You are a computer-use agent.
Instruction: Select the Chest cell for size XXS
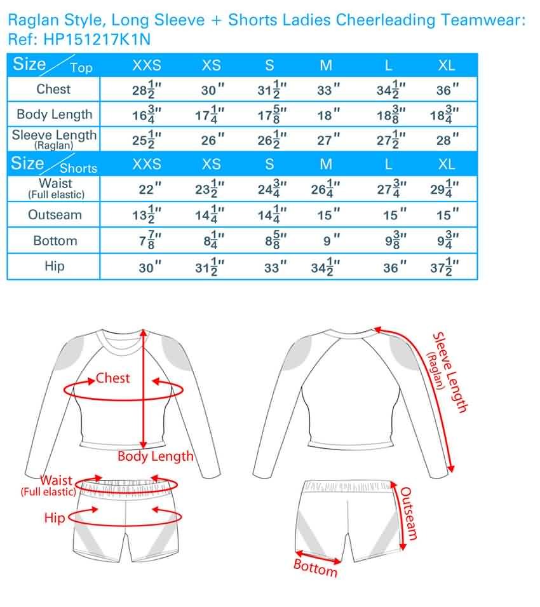coord(147,90)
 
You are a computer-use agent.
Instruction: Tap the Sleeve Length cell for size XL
coord(447,140)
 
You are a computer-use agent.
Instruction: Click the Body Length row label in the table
coord(54,114)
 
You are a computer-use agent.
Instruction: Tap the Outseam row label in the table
coord(55,215)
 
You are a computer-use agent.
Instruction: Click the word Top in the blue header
coord(81,68)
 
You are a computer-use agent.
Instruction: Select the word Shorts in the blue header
coord(79,168)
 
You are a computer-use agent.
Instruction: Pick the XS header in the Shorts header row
coord(211,165)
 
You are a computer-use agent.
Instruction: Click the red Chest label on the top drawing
coord(112,378)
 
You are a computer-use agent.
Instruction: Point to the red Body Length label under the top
coord(155,456)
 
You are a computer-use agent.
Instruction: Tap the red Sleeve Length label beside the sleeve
coord(450,372)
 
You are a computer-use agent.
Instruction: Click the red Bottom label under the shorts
coord(315,568)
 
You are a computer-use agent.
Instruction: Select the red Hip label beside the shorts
coord(54,518)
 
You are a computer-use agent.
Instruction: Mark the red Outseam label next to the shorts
coord(409,513)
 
